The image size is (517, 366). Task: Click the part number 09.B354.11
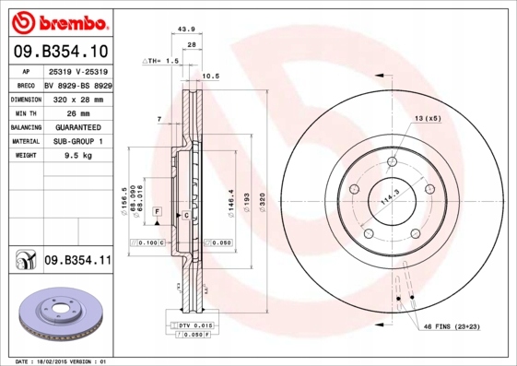(x=77, y=261)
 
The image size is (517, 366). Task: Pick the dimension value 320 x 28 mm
(x=77, y=98)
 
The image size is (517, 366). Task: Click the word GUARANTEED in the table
(x=77, y=127)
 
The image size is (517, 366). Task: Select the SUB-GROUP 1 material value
(x=77, y=142)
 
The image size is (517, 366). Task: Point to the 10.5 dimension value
(x=209, y=76)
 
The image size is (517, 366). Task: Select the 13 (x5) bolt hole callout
(x=427, y=119)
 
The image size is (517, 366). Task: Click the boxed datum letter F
(x=158, y=212)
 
